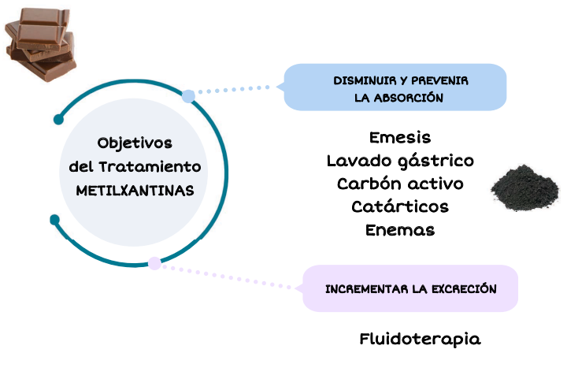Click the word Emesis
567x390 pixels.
pyautogui.click(x=400, y=137)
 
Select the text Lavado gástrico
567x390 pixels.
pyautogui.click(x=400, y=161)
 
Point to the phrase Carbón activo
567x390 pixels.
pyautogui.click(x=400, y=184)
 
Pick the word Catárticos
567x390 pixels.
pyautogui.click(x=400, y=206)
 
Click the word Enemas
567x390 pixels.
pyautogui.click(x=400, y=230)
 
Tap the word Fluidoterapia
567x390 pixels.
pyautogui.click(x=420, y=340)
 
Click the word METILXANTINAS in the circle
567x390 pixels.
pyautogui.click(x=135, y=191)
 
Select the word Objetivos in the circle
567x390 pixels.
pyautogui.click(x=135, y=143)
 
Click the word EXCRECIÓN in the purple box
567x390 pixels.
pyautogui.click(x=463, y=289)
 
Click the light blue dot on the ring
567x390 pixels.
pyautogui.click(x=188, y=96)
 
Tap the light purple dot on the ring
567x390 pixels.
pyautogui.click(x=155, y=263)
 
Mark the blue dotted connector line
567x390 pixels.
pyautogui.click(x=236, y=90)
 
